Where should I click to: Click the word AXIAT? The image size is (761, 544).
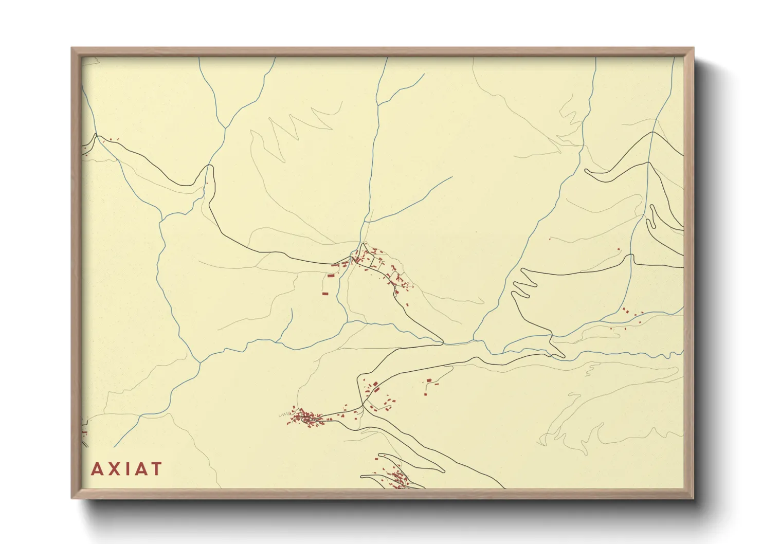coord(126,469)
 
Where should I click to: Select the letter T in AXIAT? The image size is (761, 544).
coord(156,469)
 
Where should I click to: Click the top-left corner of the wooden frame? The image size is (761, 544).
coord(72,48)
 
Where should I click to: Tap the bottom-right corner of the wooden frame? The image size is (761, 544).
coord(693,498)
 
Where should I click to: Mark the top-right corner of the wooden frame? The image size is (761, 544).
coord(693,48)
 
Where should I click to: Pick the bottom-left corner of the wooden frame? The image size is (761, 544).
coord(72,498)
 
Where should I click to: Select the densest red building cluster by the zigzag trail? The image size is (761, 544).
coord(305,417)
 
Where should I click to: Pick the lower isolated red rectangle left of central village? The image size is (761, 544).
coord(324,294)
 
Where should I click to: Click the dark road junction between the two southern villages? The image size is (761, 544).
coord(364,406)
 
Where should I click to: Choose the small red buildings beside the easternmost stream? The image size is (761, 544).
coord(628,312)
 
